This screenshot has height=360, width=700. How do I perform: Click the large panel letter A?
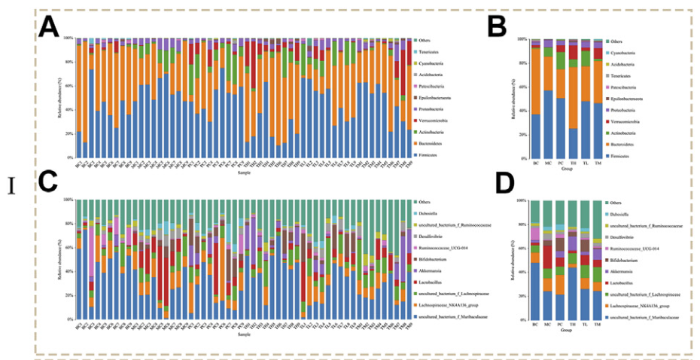(x=49, y=27)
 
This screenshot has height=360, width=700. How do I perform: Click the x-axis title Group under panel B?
(x=567, y=169)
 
